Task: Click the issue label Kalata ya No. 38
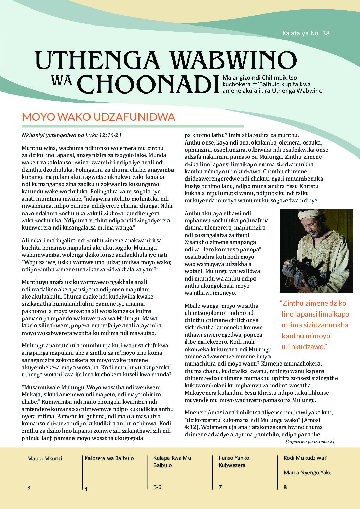tap(306, 33)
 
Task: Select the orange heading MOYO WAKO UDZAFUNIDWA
tap(98, 117)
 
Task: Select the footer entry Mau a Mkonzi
tap(45, 458)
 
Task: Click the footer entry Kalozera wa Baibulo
tap(109, 458)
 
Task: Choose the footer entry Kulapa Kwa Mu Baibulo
tap(172, 461)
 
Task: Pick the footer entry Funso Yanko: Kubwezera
tap(235, 461)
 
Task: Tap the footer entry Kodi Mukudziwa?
tap(305, 458)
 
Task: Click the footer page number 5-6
tap(157, 487)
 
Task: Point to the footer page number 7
tap(220, 487)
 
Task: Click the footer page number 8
tap(285, 487)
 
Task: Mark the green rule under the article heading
tap(133, 126)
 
